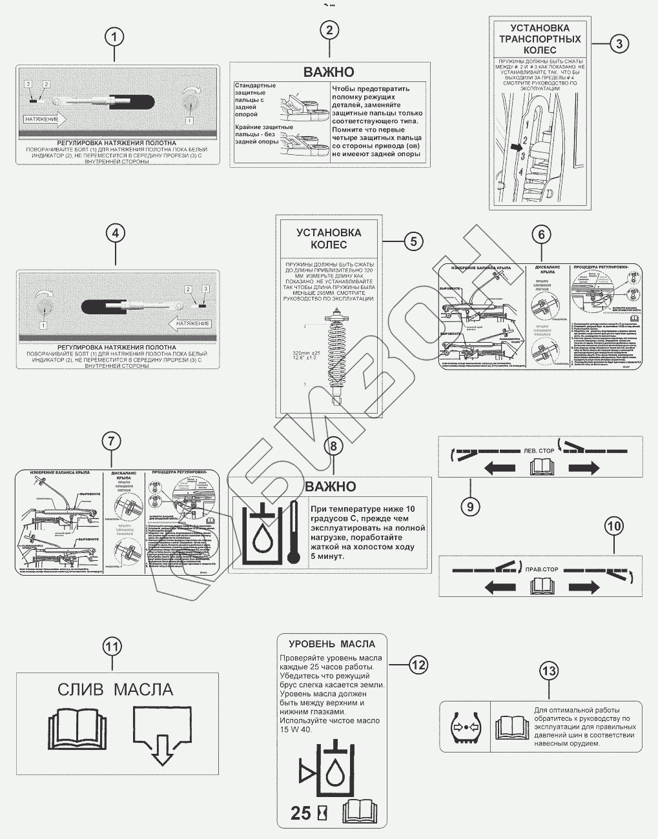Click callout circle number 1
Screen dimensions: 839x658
114,37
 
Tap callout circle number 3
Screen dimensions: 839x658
619,43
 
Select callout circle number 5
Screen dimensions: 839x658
414,241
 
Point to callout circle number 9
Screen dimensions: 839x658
470,507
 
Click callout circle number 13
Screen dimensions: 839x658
549,671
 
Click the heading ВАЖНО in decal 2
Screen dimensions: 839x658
329,72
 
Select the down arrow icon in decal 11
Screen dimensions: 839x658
162,734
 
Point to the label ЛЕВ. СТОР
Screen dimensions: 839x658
539,450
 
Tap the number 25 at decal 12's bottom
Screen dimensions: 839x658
301,813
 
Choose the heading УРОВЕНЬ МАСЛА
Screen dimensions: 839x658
332,643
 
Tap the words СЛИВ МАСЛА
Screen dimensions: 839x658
116,689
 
